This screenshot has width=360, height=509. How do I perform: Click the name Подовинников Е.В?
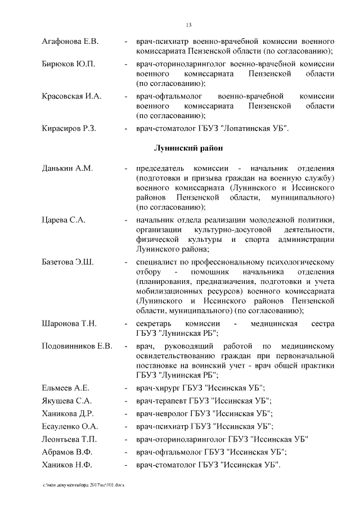coord(77,345)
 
